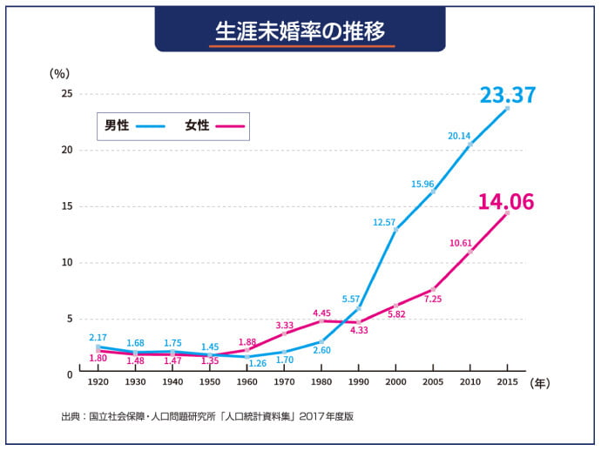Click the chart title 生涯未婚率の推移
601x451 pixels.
tap(300, 30)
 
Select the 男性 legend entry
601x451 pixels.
tap(117, 125)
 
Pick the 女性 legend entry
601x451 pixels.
tap(197, 125)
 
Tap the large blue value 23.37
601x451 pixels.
tap(508, 95)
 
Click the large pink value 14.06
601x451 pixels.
tap(505, 202)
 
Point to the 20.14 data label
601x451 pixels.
tap(459, 136)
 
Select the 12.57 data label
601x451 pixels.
tap(384, 222)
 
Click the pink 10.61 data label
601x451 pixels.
tap(461, 243)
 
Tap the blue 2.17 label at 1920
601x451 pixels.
tap(98, 337)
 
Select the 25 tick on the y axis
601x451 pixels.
tap(66, 93)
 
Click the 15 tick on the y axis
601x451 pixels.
tap(66, 206)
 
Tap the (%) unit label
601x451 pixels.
tap(59, 74)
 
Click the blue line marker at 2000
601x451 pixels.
tap(396, 230)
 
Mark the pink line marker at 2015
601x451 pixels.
tap(508, 212)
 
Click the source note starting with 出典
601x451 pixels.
tap(207, 416)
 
